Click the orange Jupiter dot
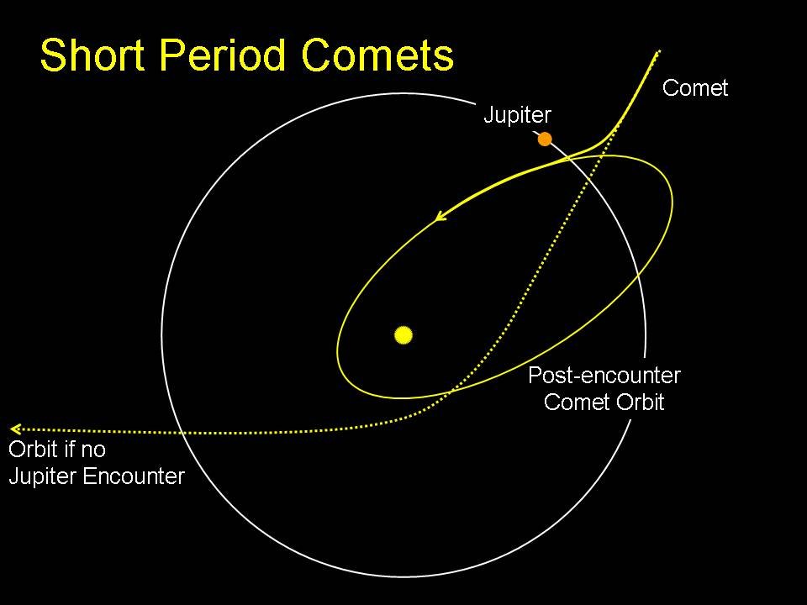[545, 139]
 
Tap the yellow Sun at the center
[403, 335]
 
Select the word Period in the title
[218, 56]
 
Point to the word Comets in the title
[377, 56]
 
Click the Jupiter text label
[517, 116]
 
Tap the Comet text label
[695, 88]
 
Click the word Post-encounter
[604, 376]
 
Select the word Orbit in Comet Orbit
[636, 402]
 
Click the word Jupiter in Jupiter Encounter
[43, 476]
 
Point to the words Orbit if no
[57, 450]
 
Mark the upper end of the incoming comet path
[658, 52]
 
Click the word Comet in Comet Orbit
[574, 402]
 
